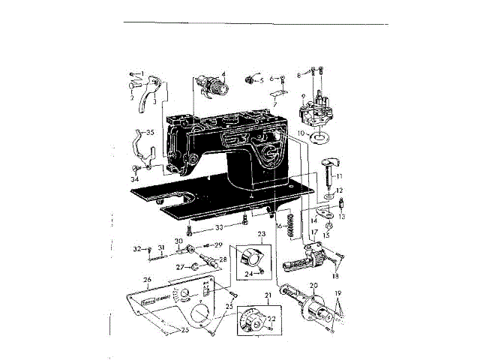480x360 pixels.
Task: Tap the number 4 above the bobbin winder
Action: tap(223, 74)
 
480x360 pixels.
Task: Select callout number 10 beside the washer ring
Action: tap(301, 133)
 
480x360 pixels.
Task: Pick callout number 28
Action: tap(223, 259)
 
